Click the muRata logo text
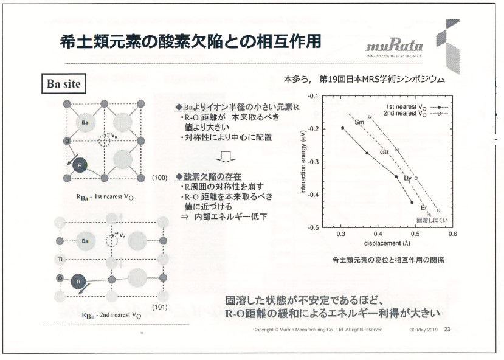[393, 48]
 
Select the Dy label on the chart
[408, 178]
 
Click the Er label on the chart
[424, 207]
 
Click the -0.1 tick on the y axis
[314, 96]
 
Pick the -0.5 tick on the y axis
[314, 227]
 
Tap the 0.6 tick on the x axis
[452, 234]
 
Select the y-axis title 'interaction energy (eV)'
[302, 162]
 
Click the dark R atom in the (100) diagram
[79, 165]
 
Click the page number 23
[447, 330]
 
